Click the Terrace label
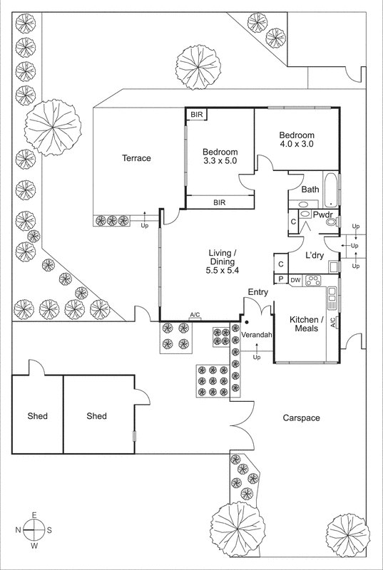(x=136, y=158)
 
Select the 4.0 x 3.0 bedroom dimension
(x=297, y=144)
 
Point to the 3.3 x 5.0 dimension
(x=220, y=161)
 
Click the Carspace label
(x=302, y=418)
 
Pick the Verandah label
(x=257, y=335)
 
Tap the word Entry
(x=258, y=292)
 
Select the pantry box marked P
(x=281, y=279)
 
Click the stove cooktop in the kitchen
(x=313, y=280)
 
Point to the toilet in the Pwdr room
(x=331, y=222)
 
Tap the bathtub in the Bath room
(x=331, y=190)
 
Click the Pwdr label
(x=321, y=214)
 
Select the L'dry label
(x=315, y=256)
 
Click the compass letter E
(x=34, y=514)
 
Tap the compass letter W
(x=34, y=545)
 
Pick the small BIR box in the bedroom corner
(x=197, y=115)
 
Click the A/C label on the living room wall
(x=195, y=315)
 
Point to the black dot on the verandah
(x=247, y=322)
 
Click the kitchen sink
(x=332, y=298)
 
